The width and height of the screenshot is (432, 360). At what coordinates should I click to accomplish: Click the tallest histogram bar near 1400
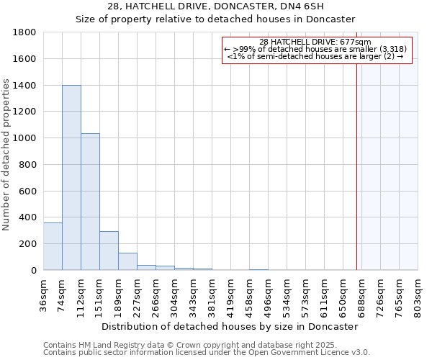coord(71,178)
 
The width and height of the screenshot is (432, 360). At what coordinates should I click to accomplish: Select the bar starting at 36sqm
coord(53,246)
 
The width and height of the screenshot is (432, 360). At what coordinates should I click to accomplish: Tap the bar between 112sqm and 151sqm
coord(90,202)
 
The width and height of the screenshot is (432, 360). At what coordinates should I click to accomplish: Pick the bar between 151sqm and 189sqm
coord(109,251)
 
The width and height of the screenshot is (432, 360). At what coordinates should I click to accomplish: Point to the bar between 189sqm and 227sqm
coord(127,261)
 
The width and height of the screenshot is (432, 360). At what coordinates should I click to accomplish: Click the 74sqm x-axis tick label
coord(63,293)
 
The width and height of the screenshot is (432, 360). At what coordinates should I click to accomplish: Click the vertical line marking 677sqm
coord(356,166)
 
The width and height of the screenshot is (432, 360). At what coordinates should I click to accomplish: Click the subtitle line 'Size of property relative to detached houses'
coord(216,19)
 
